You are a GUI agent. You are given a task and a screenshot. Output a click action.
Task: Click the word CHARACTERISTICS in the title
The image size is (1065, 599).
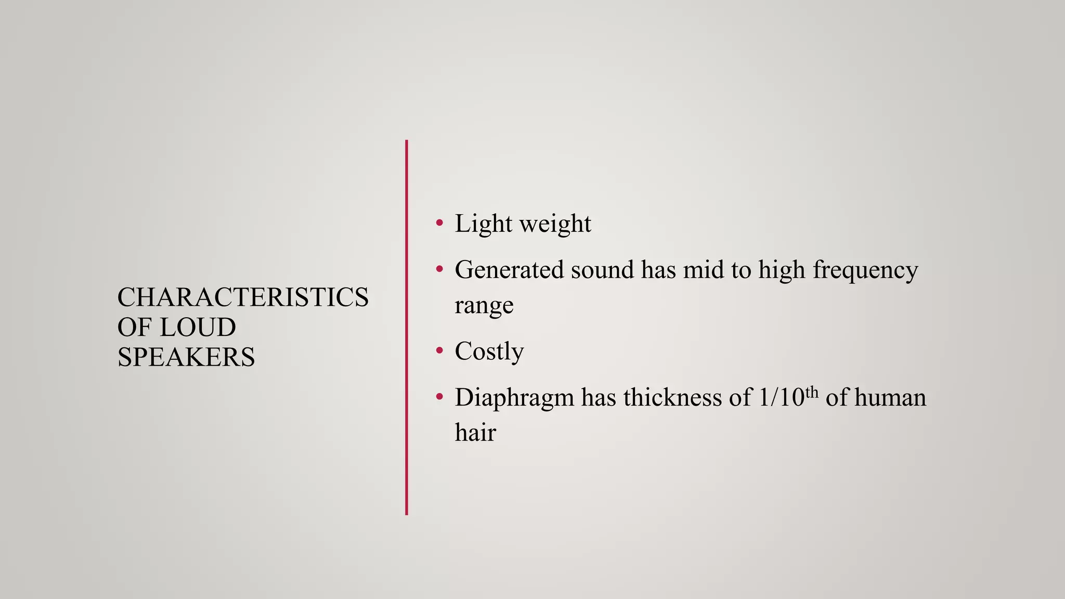[x=243, y=297]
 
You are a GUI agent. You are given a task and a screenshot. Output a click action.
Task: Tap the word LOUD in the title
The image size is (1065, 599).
[x=198, y=328]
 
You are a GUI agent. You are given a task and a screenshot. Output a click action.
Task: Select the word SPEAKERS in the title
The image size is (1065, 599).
[x=186, y=357]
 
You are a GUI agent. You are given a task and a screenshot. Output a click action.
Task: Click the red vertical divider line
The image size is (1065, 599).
[x=407, y=328]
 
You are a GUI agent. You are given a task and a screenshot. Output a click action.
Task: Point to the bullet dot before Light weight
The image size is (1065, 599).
[x=440, y=224]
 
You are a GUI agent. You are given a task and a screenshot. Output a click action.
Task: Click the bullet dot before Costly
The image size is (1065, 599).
[x=440, y=351]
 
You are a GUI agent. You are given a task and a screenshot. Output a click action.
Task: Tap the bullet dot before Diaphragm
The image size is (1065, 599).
[x=440, y=397]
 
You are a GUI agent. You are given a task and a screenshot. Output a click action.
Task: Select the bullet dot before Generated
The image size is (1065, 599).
[x=440, y=269]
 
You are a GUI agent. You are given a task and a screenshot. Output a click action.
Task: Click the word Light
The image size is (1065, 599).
[x=484, y=224]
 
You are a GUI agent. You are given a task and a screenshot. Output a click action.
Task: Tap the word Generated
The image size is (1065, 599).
[x=509, y=270]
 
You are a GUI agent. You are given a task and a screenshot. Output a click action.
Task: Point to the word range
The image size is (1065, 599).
[x=484, y=306]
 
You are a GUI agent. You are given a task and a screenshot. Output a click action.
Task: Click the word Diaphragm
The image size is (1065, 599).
[x=514, y=398]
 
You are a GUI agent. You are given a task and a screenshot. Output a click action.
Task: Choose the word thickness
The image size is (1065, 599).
[x=673, y=398]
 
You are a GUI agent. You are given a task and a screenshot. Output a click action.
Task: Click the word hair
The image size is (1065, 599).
[x=475, y=433]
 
